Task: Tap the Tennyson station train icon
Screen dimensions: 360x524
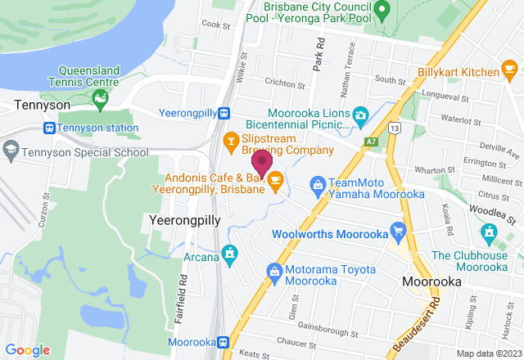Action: click(x=50, y=128)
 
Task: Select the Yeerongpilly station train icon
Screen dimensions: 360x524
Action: click(x=233, y=115)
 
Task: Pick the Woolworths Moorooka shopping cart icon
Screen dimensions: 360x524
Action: click(x=399, y=229)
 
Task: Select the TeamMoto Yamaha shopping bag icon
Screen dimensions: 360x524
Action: click(x=317, y=184)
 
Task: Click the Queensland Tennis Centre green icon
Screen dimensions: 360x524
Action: click(x=100, y=101)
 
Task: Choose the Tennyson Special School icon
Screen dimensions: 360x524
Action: click(x=10, y=151)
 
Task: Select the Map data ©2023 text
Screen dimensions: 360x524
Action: click(x=487, y=353)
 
